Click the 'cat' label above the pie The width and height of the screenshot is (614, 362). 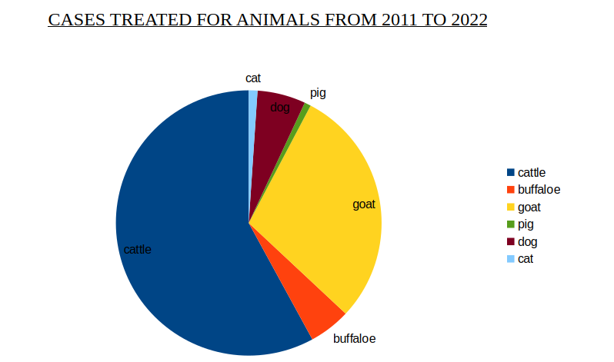[x=253, y=78]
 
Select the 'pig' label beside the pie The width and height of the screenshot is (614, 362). [x=318, y=93]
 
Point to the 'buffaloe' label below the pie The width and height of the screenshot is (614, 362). [x=354, y=338]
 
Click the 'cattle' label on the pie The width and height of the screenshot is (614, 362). [x=138, y=250]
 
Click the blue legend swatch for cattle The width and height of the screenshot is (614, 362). [x=510, y=172]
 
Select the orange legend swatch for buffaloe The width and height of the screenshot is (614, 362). [x=510, y=189]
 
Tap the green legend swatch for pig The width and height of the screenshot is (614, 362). [x=510, y=224]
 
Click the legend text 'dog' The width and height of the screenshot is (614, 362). [x=527, y=241]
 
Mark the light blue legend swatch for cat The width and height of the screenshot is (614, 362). [x=510, y=259]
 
